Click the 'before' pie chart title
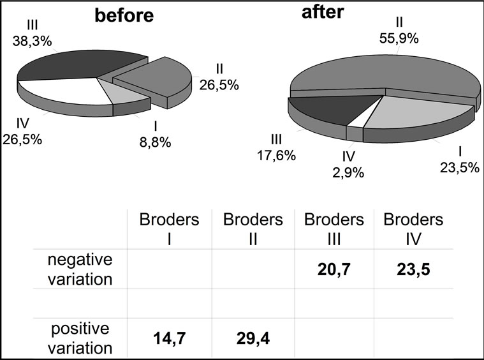pos(124,15)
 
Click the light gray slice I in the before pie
pos(124,94)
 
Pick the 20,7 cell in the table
pos(334,270)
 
